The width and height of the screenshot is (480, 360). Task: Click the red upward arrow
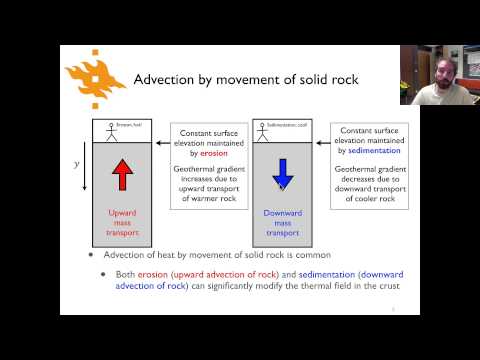(x=122, y=175)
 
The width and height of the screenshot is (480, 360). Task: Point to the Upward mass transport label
(x=122, y=222)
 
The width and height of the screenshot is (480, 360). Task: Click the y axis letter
(x=77, y=162)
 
